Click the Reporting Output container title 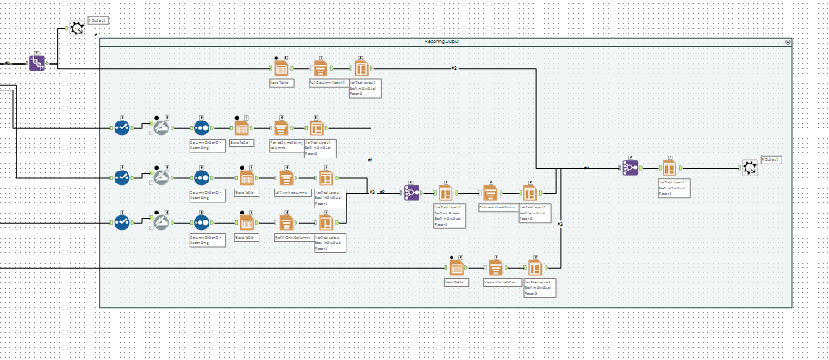[x=445, y=41]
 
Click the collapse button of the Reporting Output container [x=788, y=41]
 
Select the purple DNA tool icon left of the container [x=36, y=63]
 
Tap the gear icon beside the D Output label [x=76, y=28]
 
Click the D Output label [x=98, y=19]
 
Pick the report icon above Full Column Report [x=320, y=68]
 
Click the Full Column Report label [x=327, y=83]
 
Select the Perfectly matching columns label [x=287, y=145]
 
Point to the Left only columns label [x=291, y=192]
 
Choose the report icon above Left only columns [x=285, y=177]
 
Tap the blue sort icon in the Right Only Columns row [x=200, y=221]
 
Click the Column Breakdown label [x=496, y=208]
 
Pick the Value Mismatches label [x=500, y=281]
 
